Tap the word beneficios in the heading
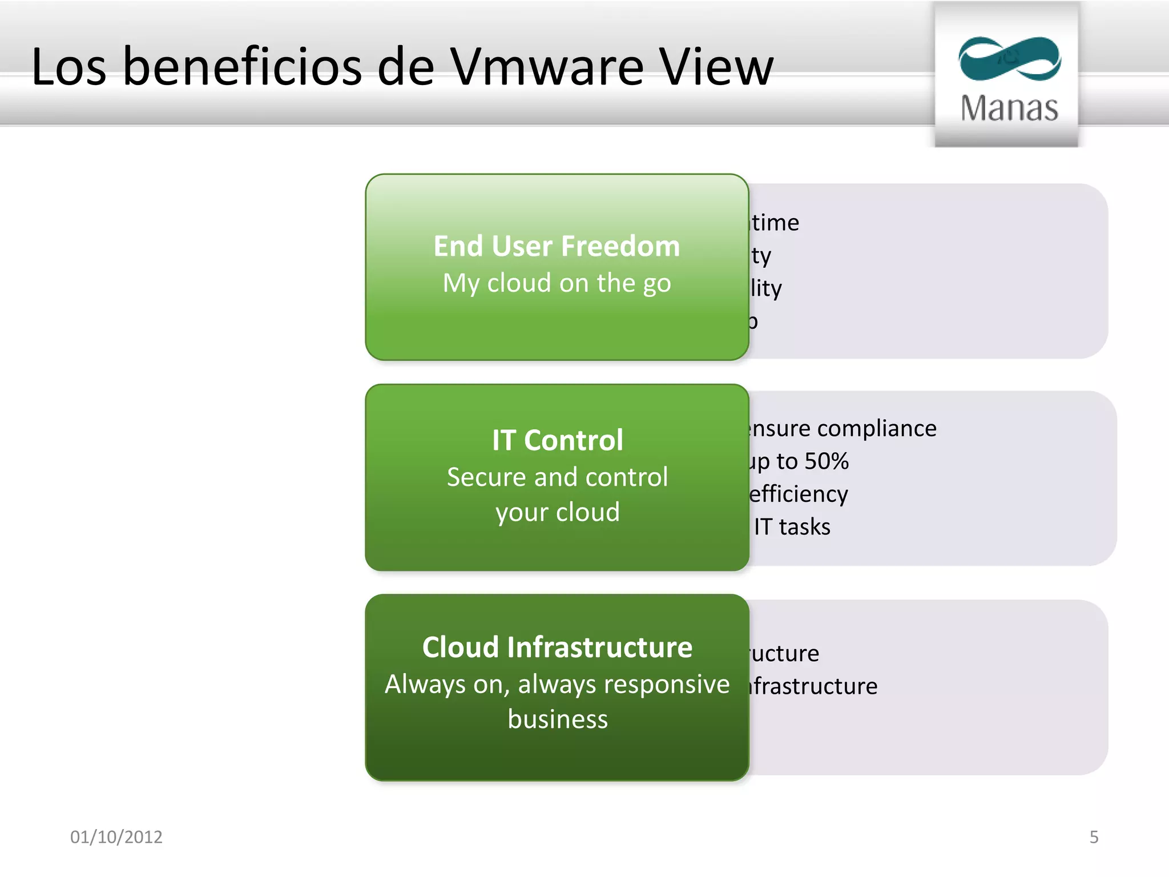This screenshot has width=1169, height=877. [x=243, y=67]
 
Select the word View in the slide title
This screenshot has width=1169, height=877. [x=716, y=67]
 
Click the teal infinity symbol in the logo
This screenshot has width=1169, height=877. [x=1009, y=59]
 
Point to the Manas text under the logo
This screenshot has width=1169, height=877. [x=1009, y=108]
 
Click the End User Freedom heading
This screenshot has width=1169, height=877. [x=557, y=246]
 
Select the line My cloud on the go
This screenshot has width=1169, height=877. [x=557, y=283]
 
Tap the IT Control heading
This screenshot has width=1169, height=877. [x=557, y=440]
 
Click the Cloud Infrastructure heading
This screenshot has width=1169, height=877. [x=557, y=647]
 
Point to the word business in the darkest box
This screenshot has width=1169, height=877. [x=558, y=719]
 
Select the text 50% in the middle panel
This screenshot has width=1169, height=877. [x=827, y=461]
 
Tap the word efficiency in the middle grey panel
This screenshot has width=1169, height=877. [x=799, y=494]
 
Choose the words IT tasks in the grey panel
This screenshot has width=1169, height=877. [x=792, y=527]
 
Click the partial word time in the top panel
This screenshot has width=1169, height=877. [x=775, y=223]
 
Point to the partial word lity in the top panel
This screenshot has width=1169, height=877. [x=766, y=288]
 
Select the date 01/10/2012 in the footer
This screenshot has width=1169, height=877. [x=116, y=837]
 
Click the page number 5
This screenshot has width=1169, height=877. [x=1094, y=837]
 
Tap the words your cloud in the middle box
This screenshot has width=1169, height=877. [x=558, y=512]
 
